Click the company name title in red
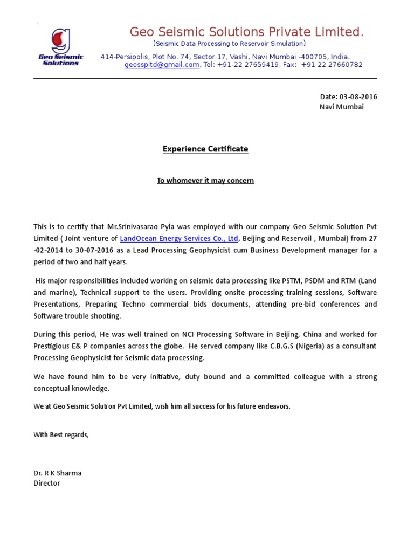246,33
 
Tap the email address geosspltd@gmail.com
162,65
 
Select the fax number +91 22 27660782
332,65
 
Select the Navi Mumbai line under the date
342,107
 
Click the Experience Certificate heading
205,149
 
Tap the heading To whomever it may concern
205,181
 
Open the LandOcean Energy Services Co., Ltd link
178,238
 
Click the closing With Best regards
61,434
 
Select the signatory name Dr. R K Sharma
58,473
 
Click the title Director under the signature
47,483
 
